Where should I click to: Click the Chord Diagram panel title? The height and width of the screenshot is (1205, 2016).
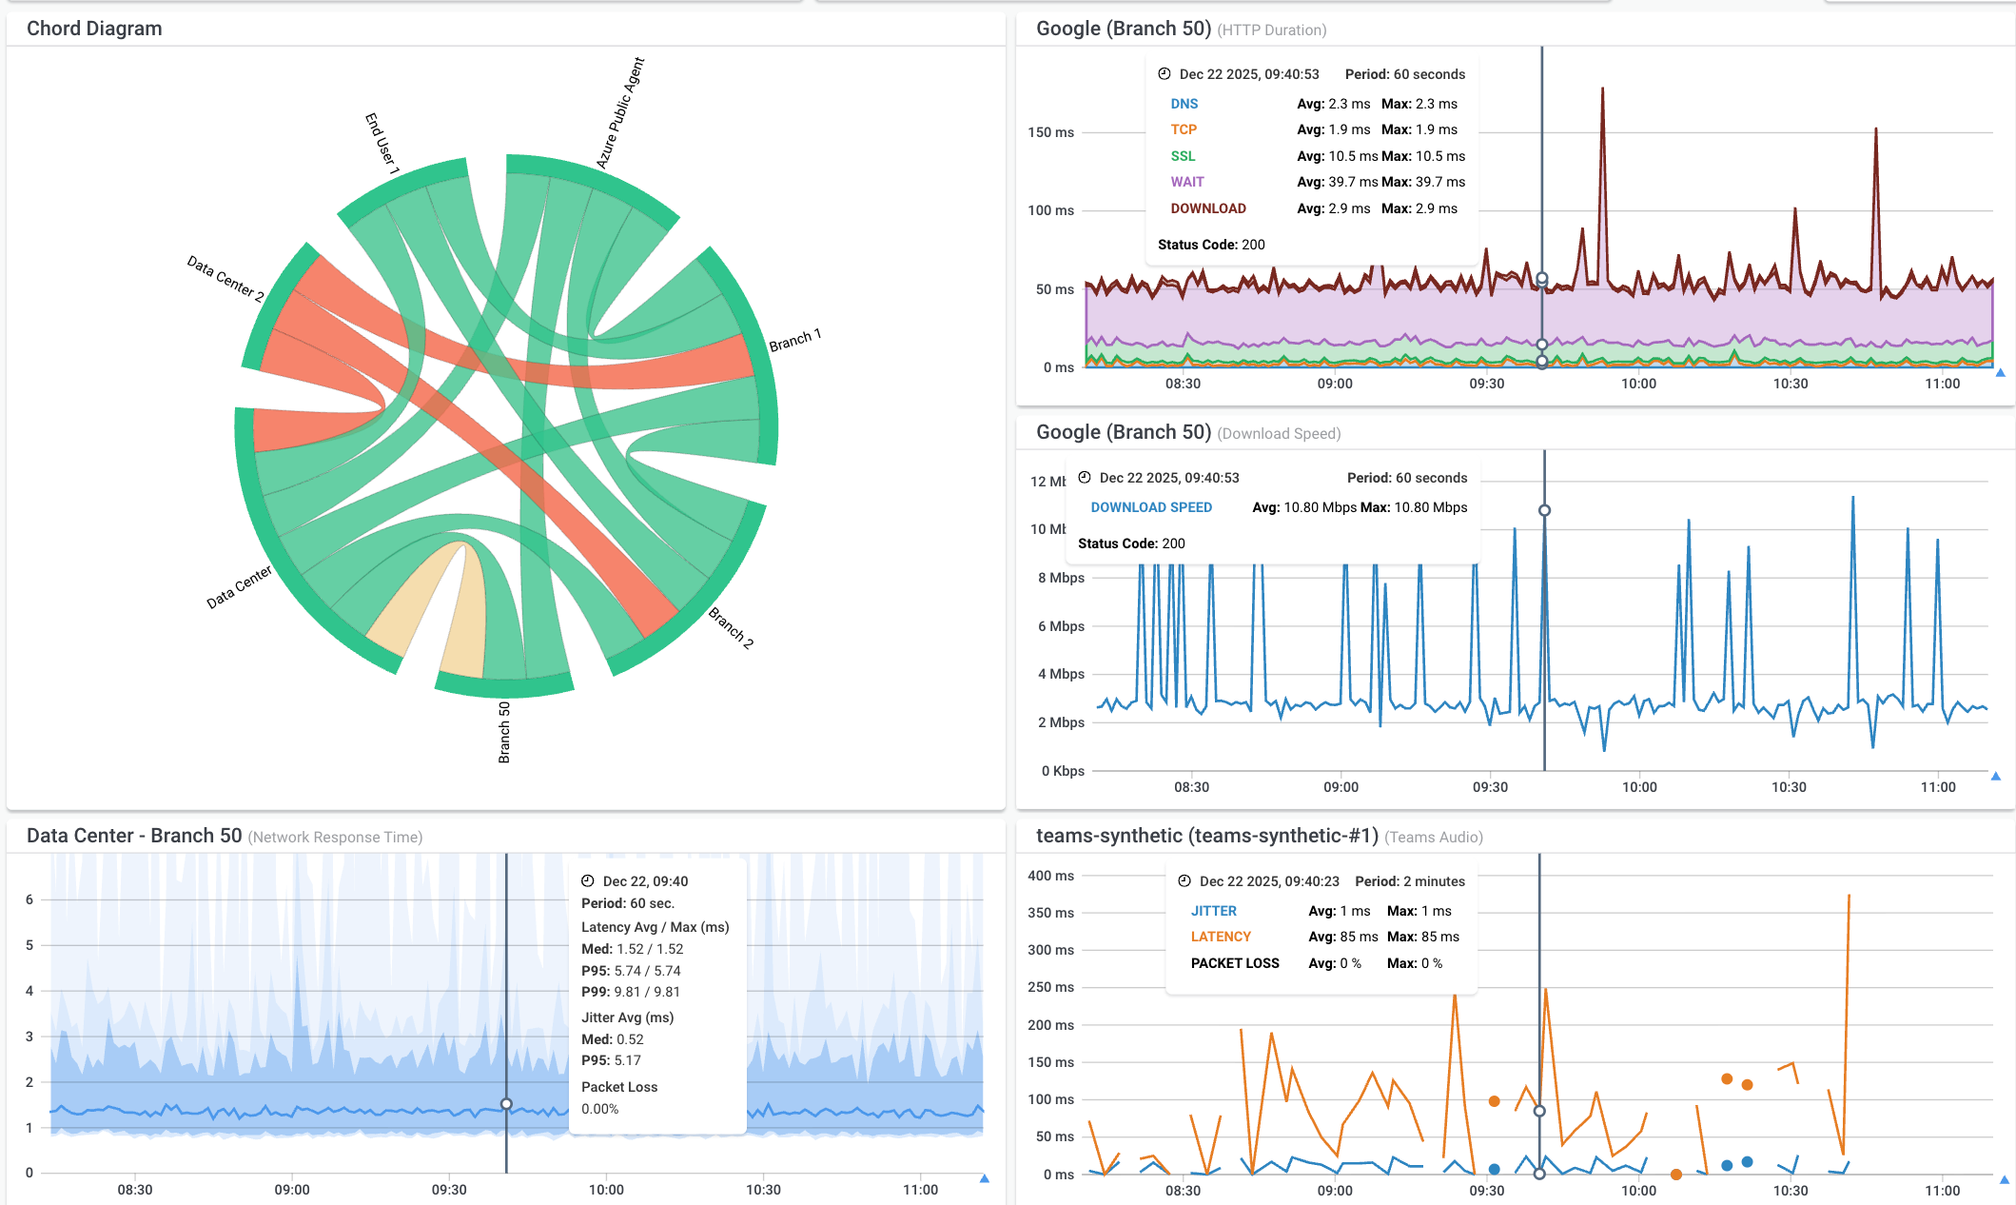pyautogui.click(x=94, y=29)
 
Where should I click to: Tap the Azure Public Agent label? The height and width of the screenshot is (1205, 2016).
pyautogui.click(x=619, y=113)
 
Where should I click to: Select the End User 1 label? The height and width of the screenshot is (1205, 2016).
pyautogui.click(x=382, y=143)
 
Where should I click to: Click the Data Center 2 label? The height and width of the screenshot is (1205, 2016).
pyautogui.click(x=225, y=277)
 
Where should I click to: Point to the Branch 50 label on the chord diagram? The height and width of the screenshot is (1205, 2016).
pyautogui.click(x=504, y=732)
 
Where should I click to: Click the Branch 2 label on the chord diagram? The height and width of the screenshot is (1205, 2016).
pyautogui.click(x=731, y=628)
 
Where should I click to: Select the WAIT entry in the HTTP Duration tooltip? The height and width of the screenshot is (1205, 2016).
pyautogui.click(x=1186, y=182)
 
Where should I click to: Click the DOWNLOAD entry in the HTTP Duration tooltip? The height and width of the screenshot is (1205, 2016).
pyautogui.click(x=1207, y=208)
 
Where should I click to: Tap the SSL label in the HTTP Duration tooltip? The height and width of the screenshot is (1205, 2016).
pyautogui.click(x=1183, y=156)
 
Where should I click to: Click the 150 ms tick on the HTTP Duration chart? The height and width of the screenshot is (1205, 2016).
pyautogui.click(x=1050, y=132)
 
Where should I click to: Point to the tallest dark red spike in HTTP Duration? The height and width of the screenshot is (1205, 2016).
pyautogui.click(x=1602, y=91)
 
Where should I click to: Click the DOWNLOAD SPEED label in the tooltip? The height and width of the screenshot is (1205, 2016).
pyautogui.click(x=1150, y=507)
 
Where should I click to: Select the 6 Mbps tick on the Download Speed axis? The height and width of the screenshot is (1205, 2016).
pyautogui.click(x=1061, y=626)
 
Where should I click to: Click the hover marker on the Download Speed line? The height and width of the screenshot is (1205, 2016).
pyautogui.click(x=1544, y=510)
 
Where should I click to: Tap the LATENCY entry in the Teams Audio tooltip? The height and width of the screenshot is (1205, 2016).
pyautogui.click(x=1221, y=937)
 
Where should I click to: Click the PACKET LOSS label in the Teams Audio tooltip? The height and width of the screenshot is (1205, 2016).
pyautogui.click(x=1234, y=963)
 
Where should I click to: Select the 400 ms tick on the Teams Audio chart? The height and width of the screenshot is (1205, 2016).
pyautogui.click(x=1050, y=876)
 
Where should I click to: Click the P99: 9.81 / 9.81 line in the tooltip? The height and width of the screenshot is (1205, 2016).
pyautogui.click(x=630, y=992)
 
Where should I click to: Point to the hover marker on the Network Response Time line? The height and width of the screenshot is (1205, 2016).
pyautogui.click(x=506, y=1104)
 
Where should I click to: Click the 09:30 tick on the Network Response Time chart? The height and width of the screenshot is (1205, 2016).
pyautogui.click(x=449, y=1190)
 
